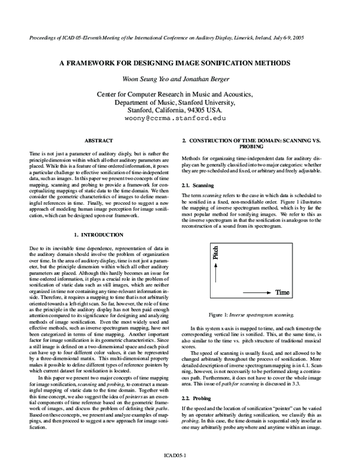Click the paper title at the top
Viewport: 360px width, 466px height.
[x=179, y=62]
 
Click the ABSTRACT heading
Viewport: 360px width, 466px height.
[x=98, y=141]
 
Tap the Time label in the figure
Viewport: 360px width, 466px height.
[x=282, y=292]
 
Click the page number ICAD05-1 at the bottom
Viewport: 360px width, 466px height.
[x=179, y=456]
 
